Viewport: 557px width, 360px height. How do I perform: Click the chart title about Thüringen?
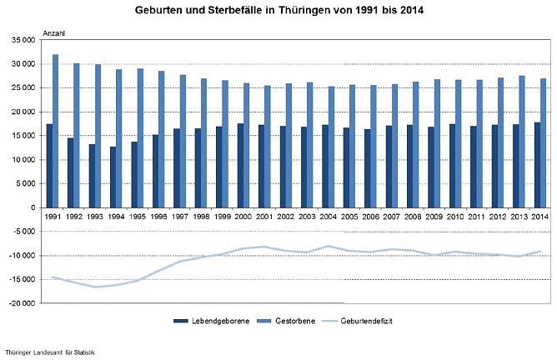tap(278, 12)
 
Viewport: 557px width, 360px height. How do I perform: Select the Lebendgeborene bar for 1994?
tap(112, 177)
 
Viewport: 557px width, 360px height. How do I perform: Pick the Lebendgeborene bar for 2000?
tap(240, 165)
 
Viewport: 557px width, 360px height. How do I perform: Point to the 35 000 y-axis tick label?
tap(23, 40)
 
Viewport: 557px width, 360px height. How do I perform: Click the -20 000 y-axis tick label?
tap(22, 303)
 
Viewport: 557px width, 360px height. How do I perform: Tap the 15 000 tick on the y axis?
tap(23, 136)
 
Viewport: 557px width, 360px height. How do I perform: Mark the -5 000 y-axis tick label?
tap(23, 232)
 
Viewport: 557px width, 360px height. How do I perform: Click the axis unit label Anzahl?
tap(53, 32)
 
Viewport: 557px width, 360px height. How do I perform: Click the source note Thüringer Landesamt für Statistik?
tap(50, 353)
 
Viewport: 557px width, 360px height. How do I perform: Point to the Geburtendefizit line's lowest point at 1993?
tap(95, 287)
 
